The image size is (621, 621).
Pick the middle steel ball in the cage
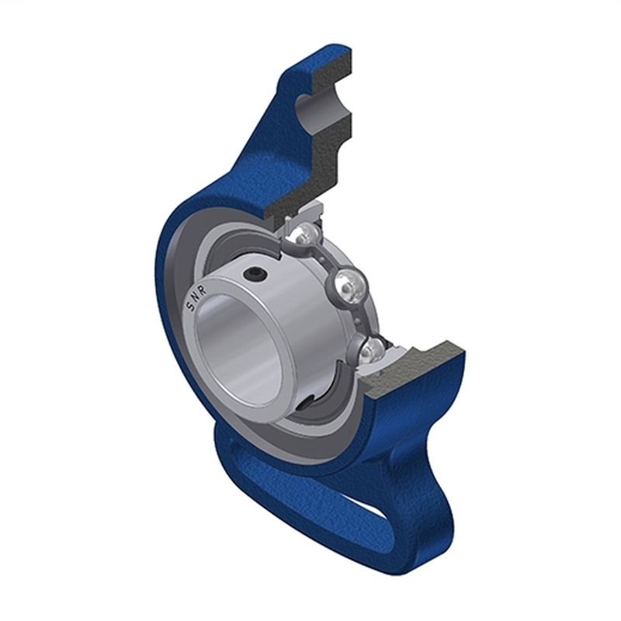(x=348, y=286)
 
